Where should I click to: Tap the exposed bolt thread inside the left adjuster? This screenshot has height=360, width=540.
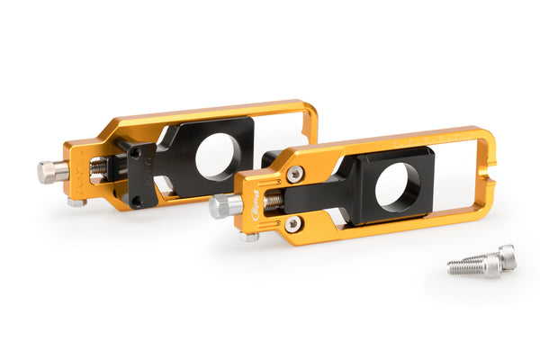[98, 167]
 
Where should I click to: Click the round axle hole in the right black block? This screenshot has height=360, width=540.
[398, 187]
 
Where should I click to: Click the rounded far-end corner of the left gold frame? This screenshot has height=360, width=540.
[310, 110]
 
